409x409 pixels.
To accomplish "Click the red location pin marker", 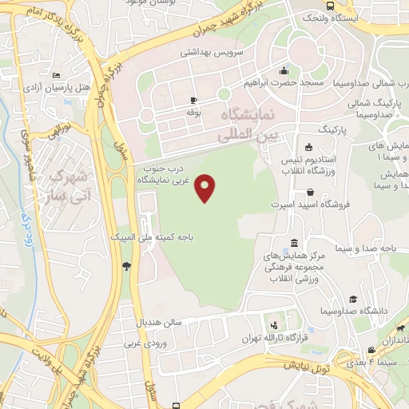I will pos(206,188).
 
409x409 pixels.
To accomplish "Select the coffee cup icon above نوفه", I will pos(193,101).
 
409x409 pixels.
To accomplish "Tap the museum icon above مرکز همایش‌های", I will pos(294,243).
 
